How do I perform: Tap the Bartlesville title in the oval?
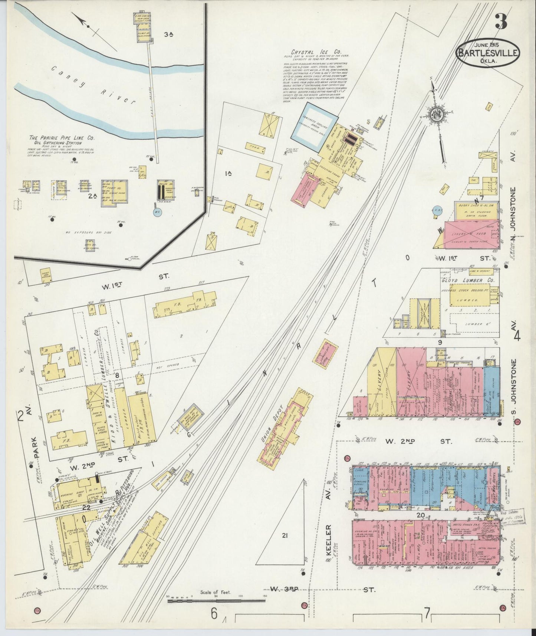(488, 53)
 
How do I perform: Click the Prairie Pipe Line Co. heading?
(62, 138)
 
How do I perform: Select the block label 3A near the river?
(169, 35)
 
